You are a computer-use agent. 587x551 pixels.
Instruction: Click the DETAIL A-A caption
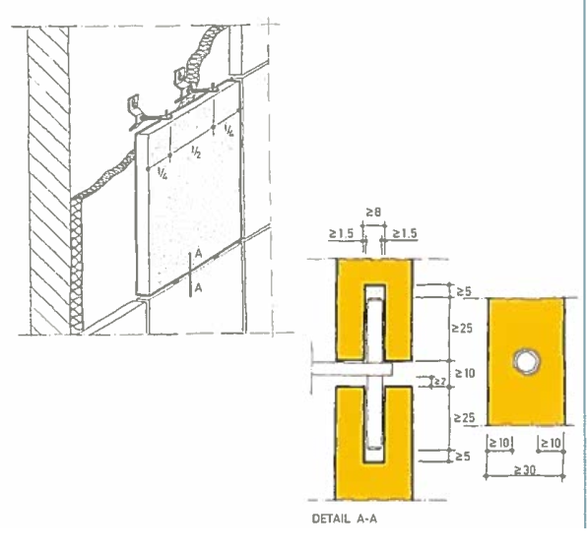[x=345, y=519]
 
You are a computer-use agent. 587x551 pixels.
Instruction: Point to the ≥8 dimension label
[x=373, y=213]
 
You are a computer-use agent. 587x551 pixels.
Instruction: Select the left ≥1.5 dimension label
[x=341, y=234]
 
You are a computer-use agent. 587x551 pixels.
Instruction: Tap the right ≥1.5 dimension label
[x=405, y=234]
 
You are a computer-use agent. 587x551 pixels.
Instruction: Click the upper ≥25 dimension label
[x=462, y=329]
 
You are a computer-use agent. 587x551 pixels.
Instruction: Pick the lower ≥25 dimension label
[x=464, y=417]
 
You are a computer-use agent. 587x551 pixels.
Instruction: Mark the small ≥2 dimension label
[x=439, y=382]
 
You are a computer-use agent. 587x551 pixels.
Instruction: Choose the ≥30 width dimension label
[x=525, y=470]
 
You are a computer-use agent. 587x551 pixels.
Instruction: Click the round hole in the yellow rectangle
[x=527, y=361]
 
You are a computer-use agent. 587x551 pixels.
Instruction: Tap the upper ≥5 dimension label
[x=464, y=291]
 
